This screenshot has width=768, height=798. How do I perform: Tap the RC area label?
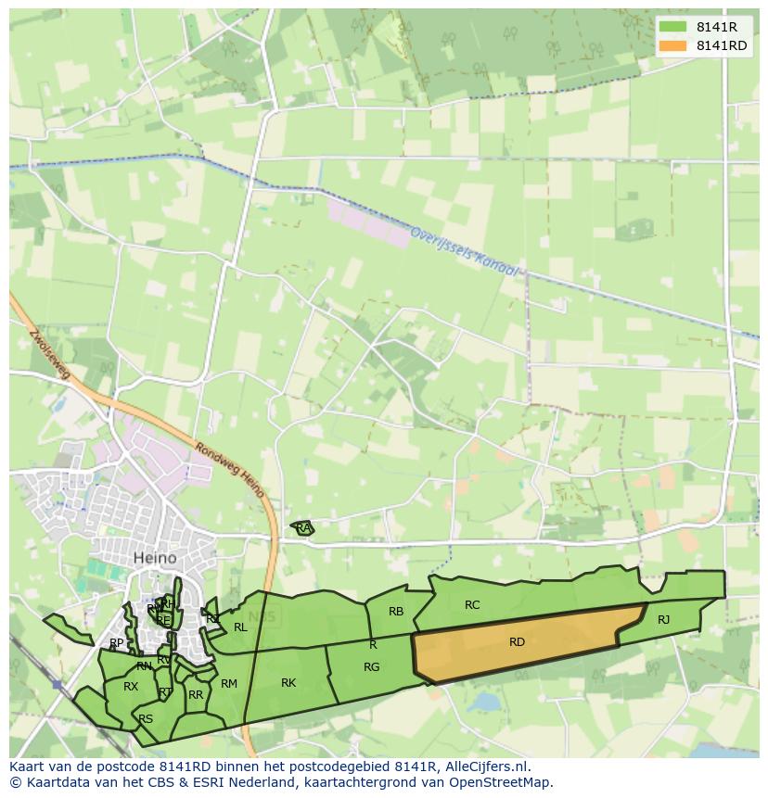point(472,605)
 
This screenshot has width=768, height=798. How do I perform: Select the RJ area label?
point(663,620)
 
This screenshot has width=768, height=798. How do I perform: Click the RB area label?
point(396,612)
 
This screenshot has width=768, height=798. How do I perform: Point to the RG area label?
point(371,667)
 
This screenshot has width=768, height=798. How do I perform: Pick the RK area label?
point(288,683)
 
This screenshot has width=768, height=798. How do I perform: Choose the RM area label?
point(229,684)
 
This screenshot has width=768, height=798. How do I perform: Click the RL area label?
point(240,627)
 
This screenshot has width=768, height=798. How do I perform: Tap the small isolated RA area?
point(302,528)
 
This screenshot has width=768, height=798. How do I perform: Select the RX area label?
point(131,687)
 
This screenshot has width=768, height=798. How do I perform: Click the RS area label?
point(146,719)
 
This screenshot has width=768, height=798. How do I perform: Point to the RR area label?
point(196,695)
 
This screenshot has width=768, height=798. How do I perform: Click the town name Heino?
point(155,559)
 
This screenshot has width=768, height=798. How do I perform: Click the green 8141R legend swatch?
point(672,27)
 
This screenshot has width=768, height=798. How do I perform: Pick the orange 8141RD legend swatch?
point(672,46)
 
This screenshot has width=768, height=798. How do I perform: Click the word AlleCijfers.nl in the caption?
point(485,767)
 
